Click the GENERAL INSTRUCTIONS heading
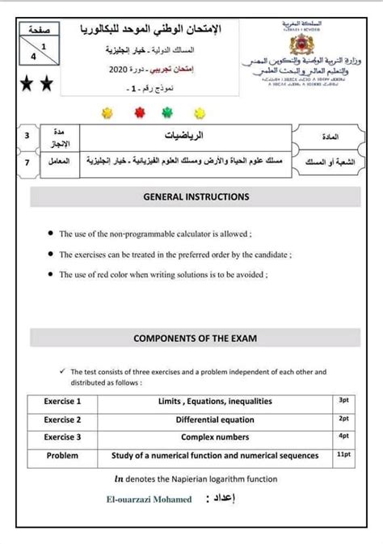[x=196, y=196]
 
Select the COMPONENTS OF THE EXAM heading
[x=196, y=339]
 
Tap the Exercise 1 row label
[x=62, y=401]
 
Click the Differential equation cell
[x=215, y=420]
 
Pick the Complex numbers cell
[x=215, y=437]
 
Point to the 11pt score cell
[x=344, y=455]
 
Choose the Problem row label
[x=62, y=456]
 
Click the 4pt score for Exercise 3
[x=344, y=436]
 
